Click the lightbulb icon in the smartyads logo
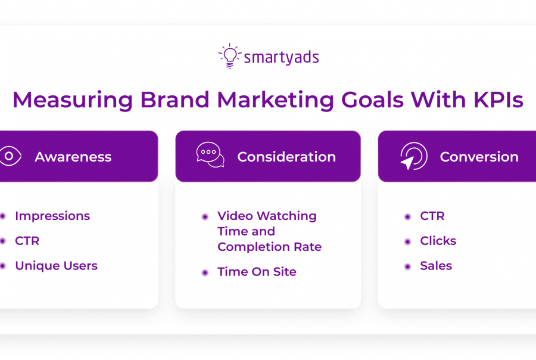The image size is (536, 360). [x=230, y=56]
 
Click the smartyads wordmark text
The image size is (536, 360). [x=281, y=57]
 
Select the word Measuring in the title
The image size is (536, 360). [x=73, y=101]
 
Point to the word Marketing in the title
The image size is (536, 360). [x=276, y=101]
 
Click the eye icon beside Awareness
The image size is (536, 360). [x=10, y=156]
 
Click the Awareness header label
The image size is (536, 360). [x=73, y=157]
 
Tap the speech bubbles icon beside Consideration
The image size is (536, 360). [x=210, y=155]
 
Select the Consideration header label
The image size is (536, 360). [x=286, y=157]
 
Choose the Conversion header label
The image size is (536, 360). [x=479, y=157]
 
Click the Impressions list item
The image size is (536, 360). [x=52, y=216]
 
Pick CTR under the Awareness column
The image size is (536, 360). [x=27, y=241]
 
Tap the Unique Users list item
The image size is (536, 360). [x=57, y=266]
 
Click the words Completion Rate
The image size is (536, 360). [x=269, y=247]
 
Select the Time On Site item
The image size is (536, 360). [x=257, y=272]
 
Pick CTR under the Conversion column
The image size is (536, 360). [x=432, y=216]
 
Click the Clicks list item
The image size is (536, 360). [x=438, y=241]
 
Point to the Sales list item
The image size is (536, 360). [x=436, y=266]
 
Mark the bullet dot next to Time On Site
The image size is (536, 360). [x=205, y=273]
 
